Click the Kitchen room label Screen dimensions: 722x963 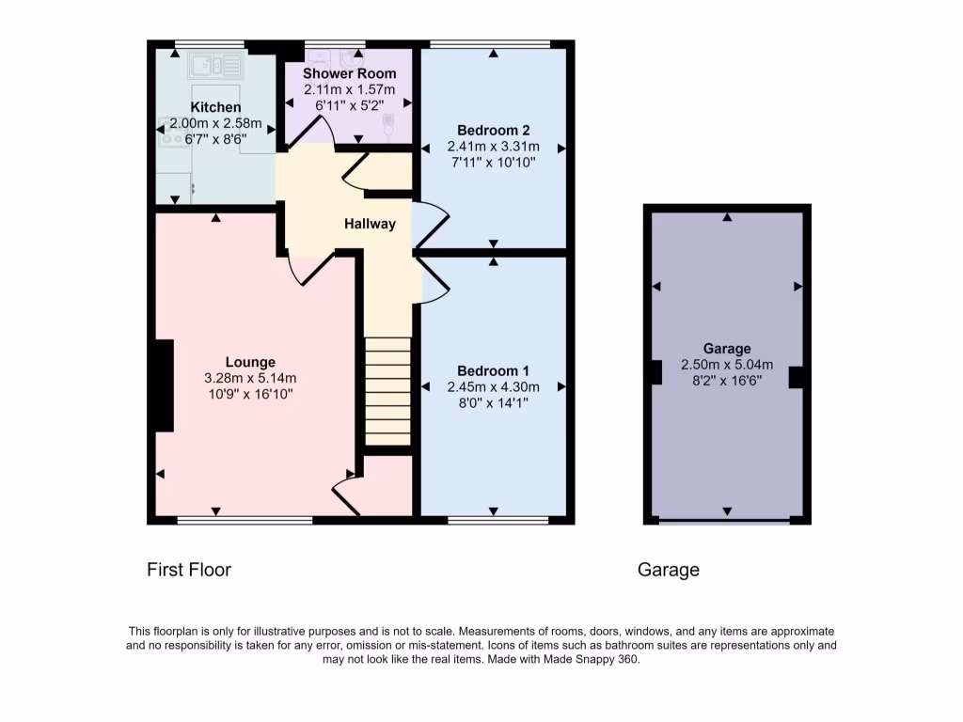215,108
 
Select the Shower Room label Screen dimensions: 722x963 349,73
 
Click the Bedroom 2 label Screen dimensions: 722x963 494,130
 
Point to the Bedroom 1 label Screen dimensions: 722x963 494,370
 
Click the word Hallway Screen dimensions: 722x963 370,224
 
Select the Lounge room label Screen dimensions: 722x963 250,362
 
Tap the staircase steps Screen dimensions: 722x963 387,390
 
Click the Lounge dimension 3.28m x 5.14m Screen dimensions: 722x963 250,378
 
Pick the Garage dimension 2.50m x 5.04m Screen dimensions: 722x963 727,365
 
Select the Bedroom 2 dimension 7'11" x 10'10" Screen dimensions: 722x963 494,163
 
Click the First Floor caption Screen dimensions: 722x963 189,569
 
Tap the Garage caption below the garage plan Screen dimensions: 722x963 669,569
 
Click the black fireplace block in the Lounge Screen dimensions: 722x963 165,385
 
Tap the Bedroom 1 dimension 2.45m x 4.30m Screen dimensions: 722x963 494,386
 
